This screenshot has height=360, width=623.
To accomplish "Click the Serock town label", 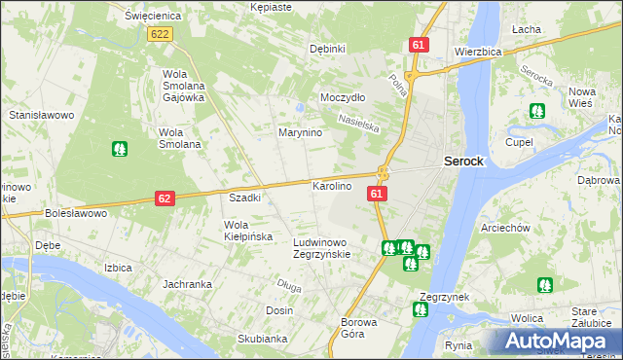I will (463, 162).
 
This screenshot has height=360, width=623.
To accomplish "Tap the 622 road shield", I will (161, 34).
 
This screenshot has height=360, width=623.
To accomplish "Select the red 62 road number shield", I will (165, 198).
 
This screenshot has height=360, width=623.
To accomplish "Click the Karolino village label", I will (331, 185).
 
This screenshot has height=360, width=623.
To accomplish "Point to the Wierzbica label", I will (477, 51).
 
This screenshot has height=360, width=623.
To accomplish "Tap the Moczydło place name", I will (343, 98).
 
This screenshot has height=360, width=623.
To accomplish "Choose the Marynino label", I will (301, 132).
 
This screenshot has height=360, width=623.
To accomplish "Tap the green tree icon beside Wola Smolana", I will (119, 150).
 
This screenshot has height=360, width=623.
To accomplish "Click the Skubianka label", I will (262, 339).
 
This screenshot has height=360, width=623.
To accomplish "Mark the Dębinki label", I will (327, 49).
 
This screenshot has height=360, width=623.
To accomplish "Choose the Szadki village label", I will (244, 198).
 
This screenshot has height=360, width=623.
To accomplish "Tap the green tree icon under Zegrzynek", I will (420, 310).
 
